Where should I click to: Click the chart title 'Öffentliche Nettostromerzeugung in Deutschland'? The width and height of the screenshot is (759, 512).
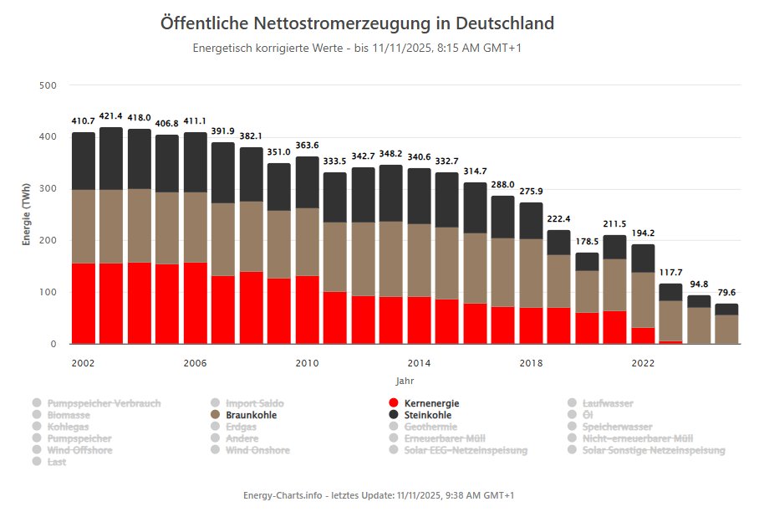[357, 23]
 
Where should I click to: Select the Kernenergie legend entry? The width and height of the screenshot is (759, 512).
[430, 403]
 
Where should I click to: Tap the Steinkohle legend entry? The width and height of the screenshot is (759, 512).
[427, 415]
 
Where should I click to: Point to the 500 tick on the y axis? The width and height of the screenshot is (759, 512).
[48, 85]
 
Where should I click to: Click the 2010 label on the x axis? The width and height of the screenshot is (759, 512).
[307, 362]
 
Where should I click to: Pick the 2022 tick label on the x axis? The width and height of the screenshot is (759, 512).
[643, 362]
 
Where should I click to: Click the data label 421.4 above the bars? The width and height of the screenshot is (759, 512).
[111, 116]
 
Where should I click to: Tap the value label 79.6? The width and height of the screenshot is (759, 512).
[727, 293]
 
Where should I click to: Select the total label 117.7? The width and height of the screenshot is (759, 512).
[670, 273]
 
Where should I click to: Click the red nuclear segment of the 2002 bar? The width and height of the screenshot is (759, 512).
[84, 303]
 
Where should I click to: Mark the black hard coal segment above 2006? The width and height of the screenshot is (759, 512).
[195, 162]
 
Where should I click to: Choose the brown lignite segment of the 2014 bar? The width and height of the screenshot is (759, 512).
[419, 260]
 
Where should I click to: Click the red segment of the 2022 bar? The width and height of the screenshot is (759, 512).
[643, 335]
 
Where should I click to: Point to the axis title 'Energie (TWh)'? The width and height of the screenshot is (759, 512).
[27, 214]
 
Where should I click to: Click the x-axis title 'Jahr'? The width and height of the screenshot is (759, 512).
[405, 381]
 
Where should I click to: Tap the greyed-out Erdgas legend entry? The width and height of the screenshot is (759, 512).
[242, 427]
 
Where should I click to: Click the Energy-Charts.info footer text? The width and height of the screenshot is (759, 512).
[379, 495]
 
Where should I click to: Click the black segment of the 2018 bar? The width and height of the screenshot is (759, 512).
[531, 221]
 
